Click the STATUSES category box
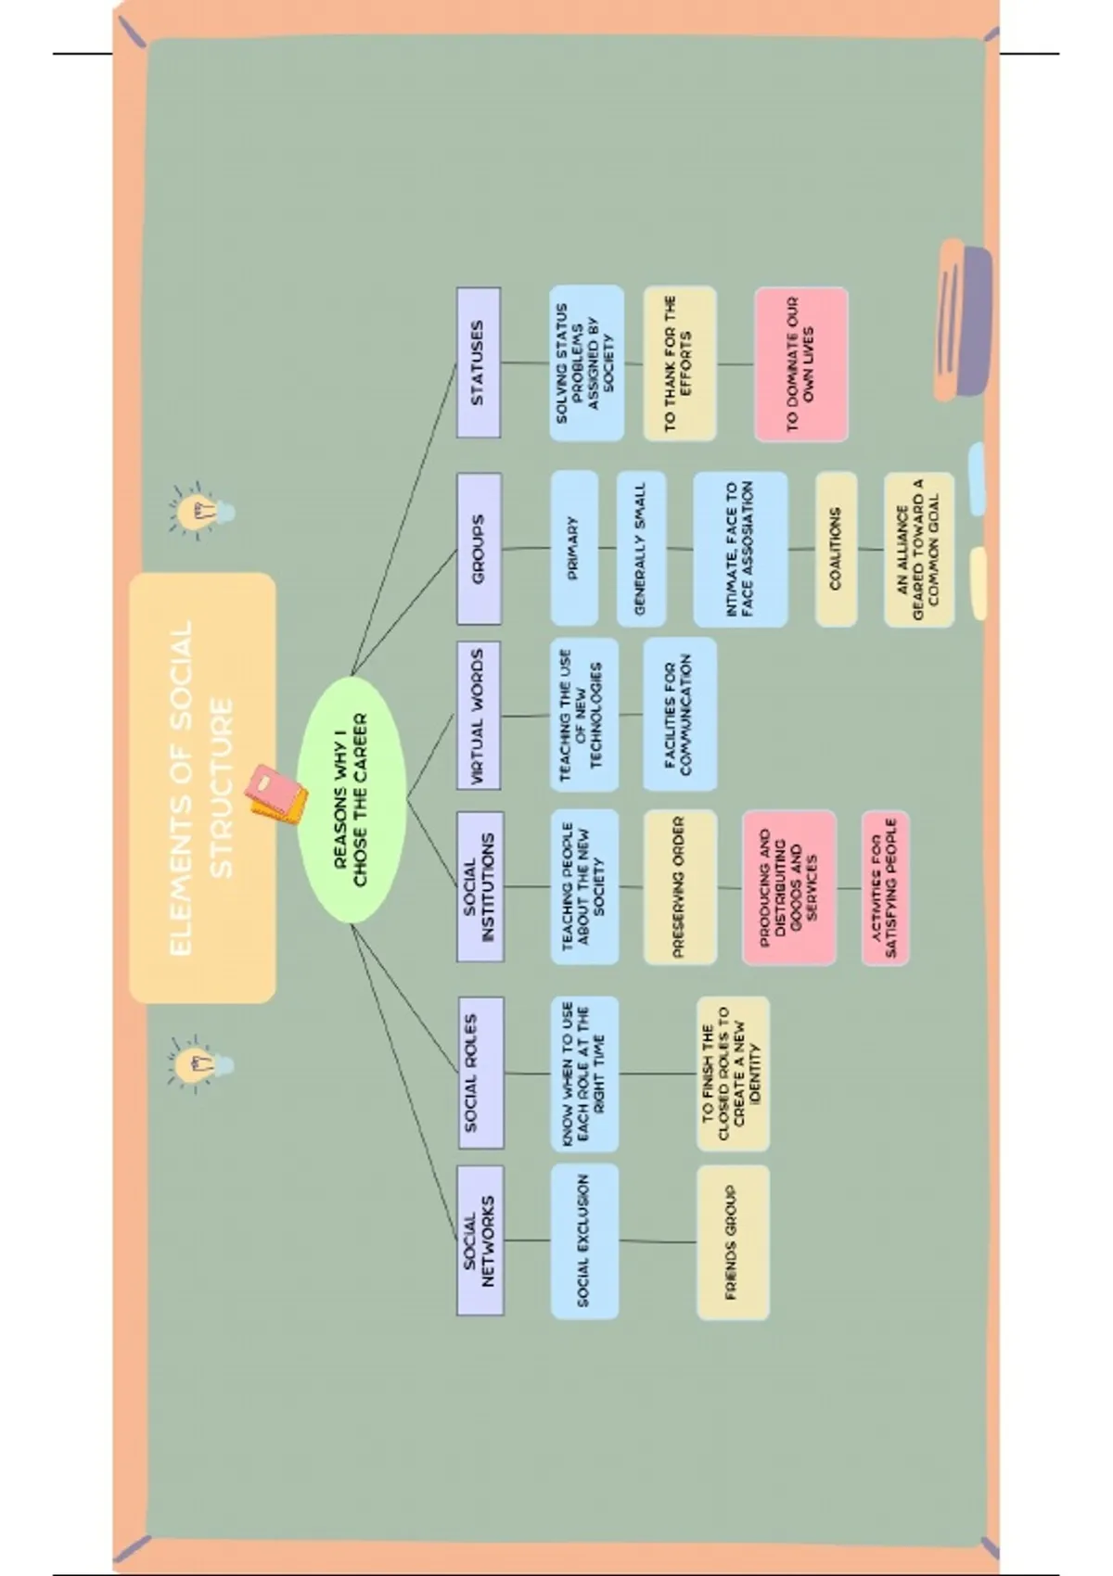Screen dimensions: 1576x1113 pyautogui.click(x=479, y=362)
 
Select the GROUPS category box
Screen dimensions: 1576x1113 pyautogui.click(x=479, y=549)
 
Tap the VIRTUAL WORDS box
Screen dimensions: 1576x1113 pyautogui.click(x=479, y=715)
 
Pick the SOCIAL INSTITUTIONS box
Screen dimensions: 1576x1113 pyautogui.click(x=480, y=887)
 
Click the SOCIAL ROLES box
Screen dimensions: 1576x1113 pyautogui.click(x=480, y=1073)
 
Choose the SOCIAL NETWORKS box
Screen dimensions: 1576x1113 pyautogui.click(x=480, y=1240)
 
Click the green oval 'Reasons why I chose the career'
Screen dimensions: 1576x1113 pyautogui.click(x=352, y=799)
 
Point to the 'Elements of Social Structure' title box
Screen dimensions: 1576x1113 pyautogui.click(x=202, y=788)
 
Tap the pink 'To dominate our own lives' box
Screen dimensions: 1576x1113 pyautogui.click(x=800, y=363)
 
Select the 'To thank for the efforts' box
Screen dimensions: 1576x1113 pyautogui.click(x=679, y=363)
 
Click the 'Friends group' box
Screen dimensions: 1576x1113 pyautogui.click(x=732, y=1241)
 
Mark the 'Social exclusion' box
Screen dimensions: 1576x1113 pyautogui.click(x=584, y=1241)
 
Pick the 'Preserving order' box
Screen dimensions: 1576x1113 pyautogui.click(x=680, y=887)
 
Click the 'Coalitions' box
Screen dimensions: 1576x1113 pyautogui.click(x=836, y=549)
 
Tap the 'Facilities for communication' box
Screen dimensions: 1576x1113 pyautogui.click(x=679, y=714)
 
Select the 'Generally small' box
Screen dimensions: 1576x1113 pyautogui.click(x=641, y=549)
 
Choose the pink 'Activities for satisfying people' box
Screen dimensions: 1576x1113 pyautogui.click(x=885, y=888)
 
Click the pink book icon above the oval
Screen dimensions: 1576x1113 pyautogui.click(x=275, y=794)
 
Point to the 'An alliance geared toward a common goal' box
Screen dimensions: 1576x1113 pyautogui.click(x=918, y=549)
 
